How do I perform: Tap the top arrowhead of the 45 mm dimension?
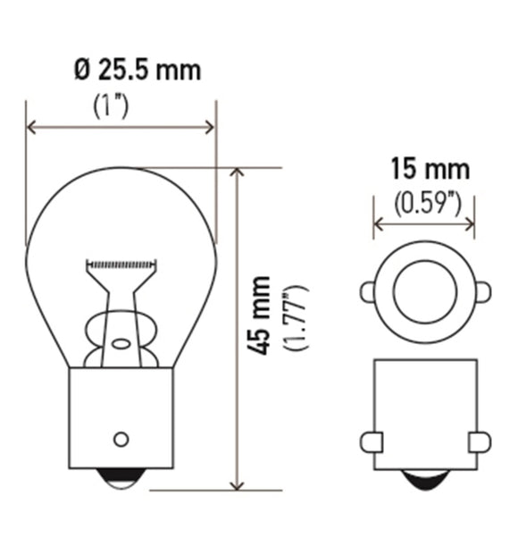(237, 172)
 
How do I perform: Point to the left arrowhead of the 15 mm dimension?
(378, 224)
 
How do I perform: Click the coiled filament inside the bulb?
(121, 265)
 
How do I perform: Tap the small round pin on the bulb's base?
(121, 439)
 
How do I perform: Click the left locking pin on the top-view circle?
(367, 292)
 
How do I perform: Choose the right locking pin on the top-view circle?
(482, 292)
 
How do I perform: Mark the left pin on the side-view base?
(372, 441)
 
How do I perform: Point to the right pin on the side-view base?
(480, 441)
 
